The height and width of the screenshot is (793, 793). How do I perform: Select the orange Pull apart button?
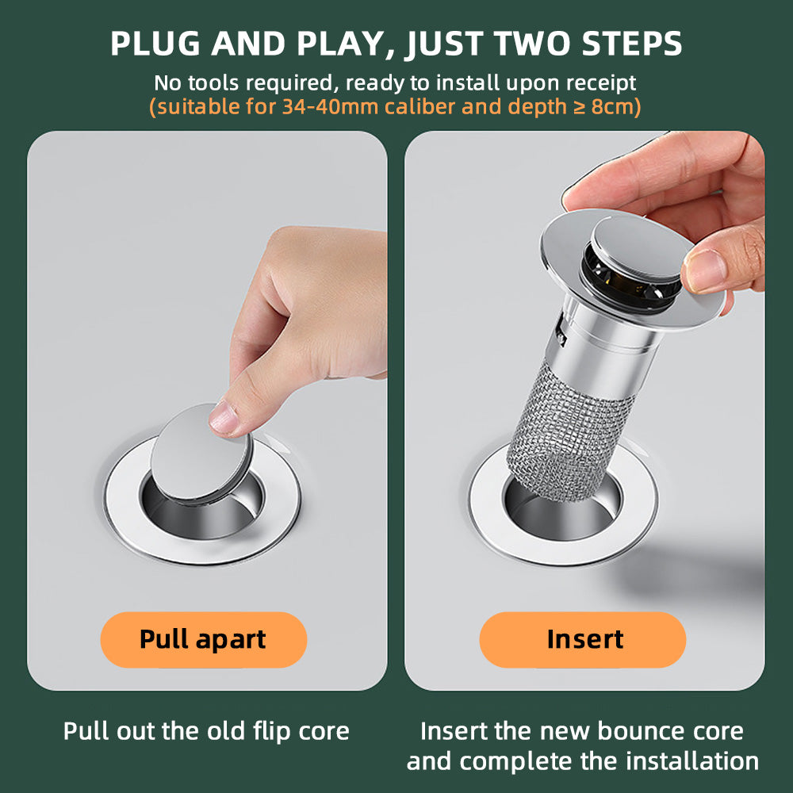click(x=203, y=639)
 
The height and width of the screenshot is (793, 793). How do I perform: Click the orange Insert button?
click(x=584, y=639)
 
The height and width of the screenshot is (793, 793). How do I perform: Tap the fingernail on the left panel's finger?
click(x=224, y=418)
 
